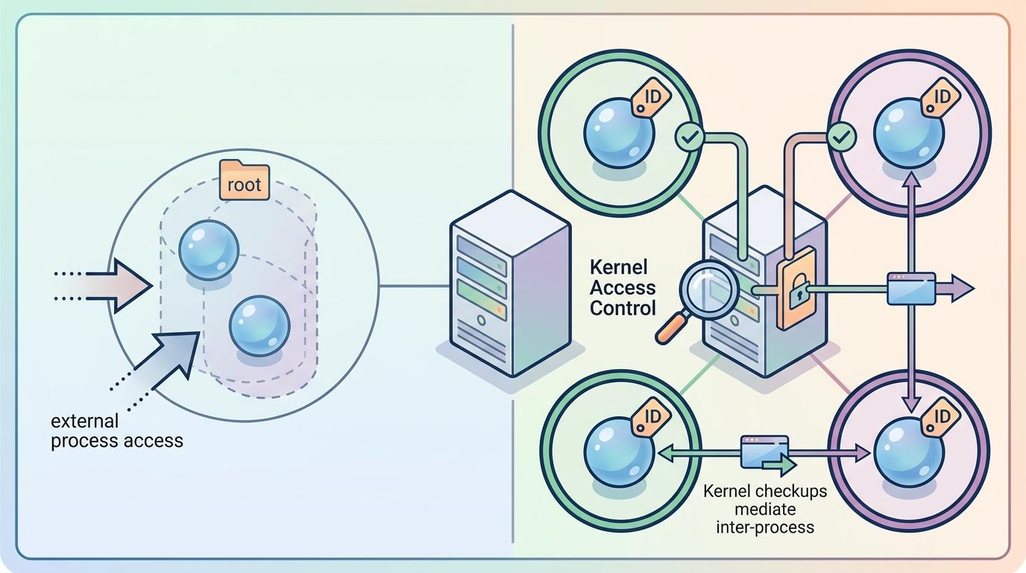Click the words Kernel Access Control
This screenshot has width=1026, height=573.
coord(623,287)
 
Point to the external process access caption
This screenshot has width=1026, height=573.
coord(116,431)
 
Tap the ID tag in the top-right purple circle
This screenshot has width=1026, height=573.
coord(938,98)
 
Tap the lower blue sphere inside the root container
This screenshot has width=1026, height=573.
coord(259,325)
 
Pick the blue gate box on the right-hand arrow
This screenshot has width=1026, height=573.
coord(911,288)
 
